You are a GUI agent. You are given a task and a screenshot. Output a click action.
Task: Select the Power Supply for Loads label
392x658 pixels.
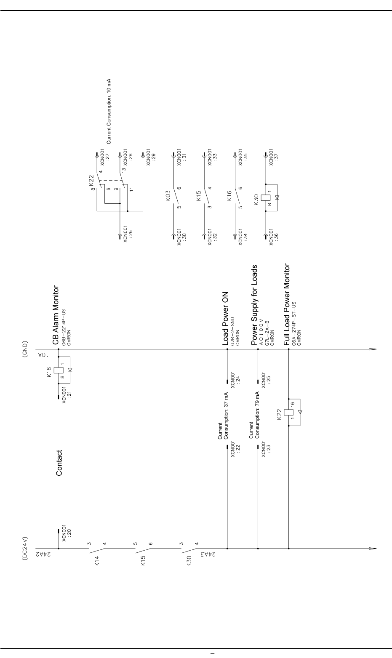pos(254,305)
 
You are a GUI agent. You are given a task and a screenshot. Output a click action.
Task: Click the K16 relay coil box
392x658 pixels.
pos(59,370)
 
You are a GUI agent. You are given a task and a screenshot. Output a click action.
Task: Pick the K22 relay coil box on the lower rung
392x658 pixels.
pos(289,412)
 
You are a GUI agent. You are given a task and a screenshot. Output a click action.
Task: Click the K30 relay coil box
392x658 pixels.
pos(266,197)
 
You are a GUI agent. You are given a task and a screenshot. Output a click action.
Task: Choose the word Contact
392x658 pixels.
pos(59,463)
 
